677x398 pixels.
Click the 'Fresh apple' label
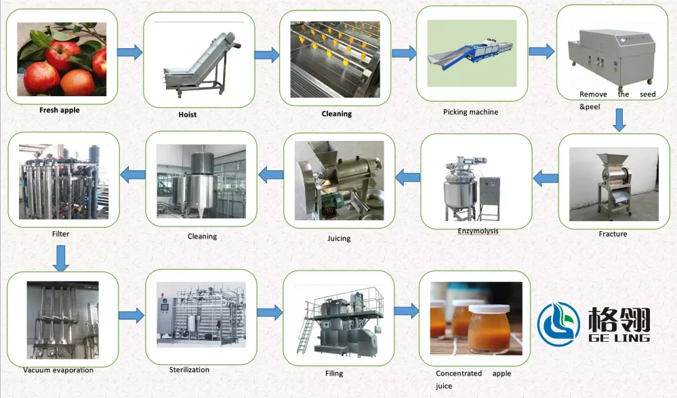coord(60,110)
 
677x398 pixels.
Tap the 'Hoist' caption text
coord(187,115)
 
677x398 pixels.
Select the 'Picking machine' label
coord(470,112)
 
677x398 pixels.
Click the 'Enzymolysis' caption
coord(477,231)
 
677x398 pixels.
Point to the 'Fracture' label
coord(613,234)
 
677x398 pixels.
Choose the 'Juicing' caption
coord(338,239)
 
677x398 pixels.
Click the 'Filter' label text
coord(60,234)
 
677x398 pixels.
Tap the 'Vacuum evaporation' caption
coord(58,370)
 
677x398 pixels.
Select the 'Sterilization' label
coord(189,370)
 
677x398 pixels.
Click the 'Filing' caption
coord(333,374)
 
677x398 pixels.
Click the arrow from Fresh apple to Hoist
coord(129,52)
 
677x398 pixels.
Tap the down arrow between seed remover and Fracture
coord(619,120)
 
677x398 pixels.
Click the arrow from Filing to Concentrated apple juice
coord(406,311)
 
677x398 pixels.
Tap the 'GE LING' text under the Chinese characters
coord(617,338)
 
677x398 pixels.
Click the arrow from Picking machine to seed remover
coord(541,52)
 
